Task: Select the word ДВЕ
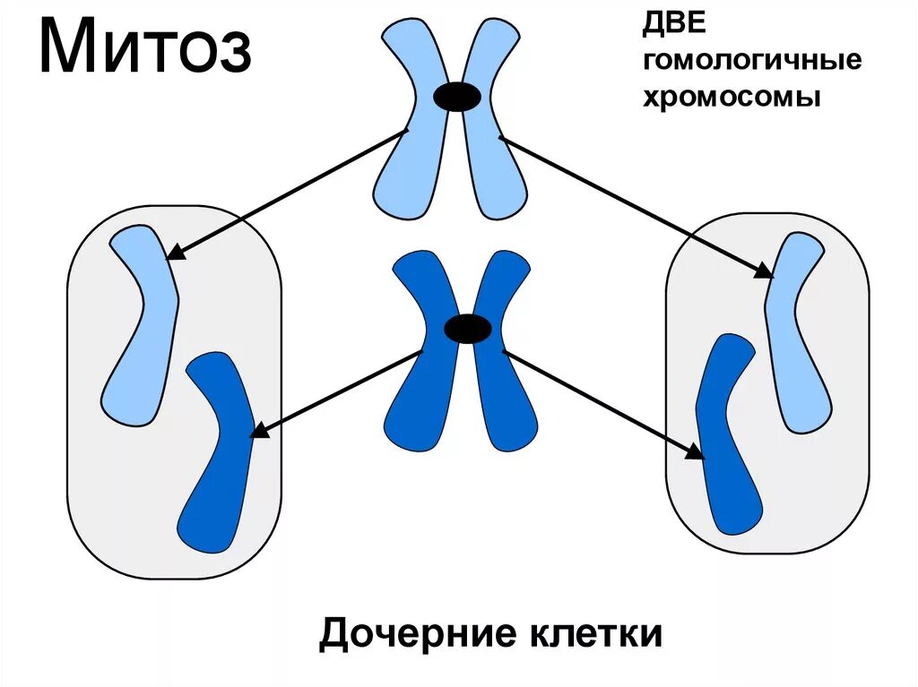(x=668, y=28)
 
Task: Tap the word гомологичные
(x=751, y=62)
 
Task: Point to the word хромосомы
(x=732, y=96)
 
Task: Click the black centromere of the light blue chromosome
(x=457, y=97)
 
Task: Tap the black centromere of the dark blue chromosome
(x=468, y=330)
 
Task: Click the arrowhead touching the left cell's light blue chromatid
(x=176, y=253)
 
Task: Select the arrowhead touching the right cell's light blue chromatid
(x=764, y=271)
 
